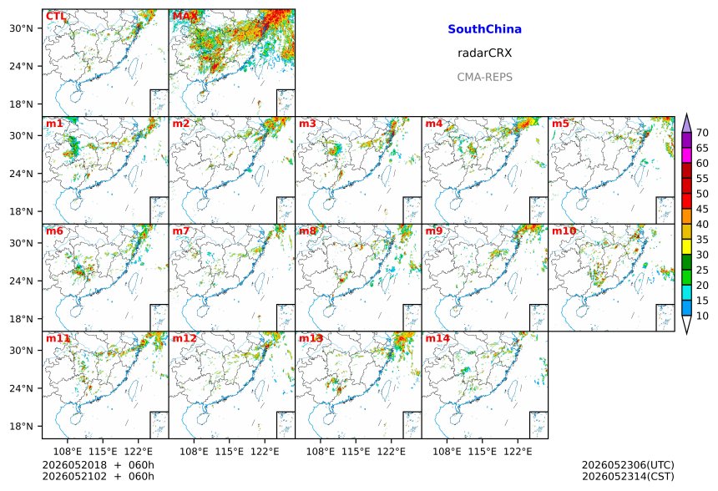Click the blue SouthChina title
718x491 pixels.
point(484,29)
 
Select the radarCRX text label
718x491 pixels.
point(484,53)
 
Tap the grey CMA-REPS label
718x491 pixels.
point(484,77)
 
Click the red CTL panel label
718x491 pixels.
point(56,17)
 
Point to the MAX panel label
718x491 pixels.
point(185,17)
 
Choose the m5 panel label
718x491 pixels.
point(560,124)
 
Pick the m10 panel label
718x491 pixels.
point(564,230)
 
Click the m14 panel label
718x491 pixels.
point(437,338)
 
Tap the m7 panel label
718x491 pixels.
point(181,230)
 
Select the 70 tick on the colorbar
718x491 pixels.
point(702,133)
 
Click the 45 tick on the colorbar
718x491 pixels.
point(702,209)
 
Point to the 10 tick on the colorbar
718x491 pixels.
point(702,316)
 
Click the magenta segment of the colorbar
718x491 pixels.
point(686,155)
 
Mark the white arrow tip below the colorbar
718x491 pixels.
point(686,333)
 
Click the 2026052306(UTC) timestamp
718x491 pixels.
point(628,465)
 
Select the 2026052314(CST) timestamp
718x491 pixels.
point(628,476)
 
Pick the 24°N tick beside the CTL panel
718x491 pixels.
point(21,66)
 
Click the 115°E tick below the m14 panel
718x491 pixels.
point(482,452)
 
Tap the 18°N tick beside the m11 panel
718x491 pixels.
point(21,426)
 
